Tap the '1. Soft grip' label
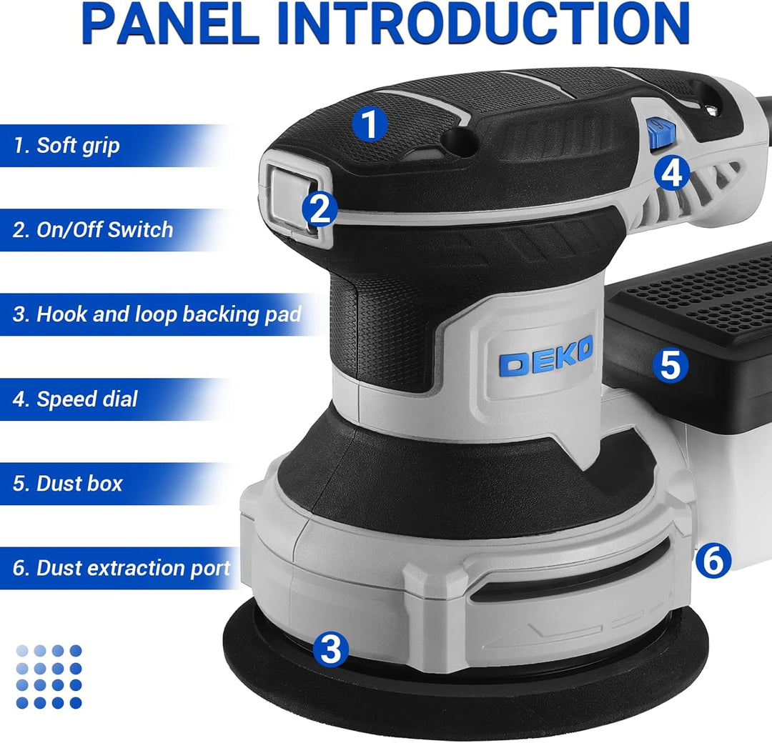pyautogui.click(x=66, y=145)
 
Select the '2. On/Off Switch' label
pyautogui.click(x=93, y=230)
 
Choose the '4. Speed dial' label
pyautogui.click(x=75, y=399)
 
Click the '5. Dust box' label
pyautogui.click(x=67, y=484)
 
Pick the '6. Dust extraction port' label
pyautogui.click(x=122, y=568)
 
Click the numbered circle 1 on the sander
pyautogui.click(x=370, y=124)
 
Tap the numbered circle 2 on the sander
pyautogui.click(x=320, y=209)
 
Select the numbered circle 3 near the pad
pyautogui.click(x=331, y=648)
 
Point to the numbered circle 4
pyautogui.click(x=672, y=173)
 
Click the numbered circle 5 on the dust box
pyautogui.click(x=670, y=365)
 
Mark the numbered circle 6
pyautogui.click(x=713, y=560)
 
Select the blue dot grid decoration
pyautogui.click(x=49, y=677)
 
